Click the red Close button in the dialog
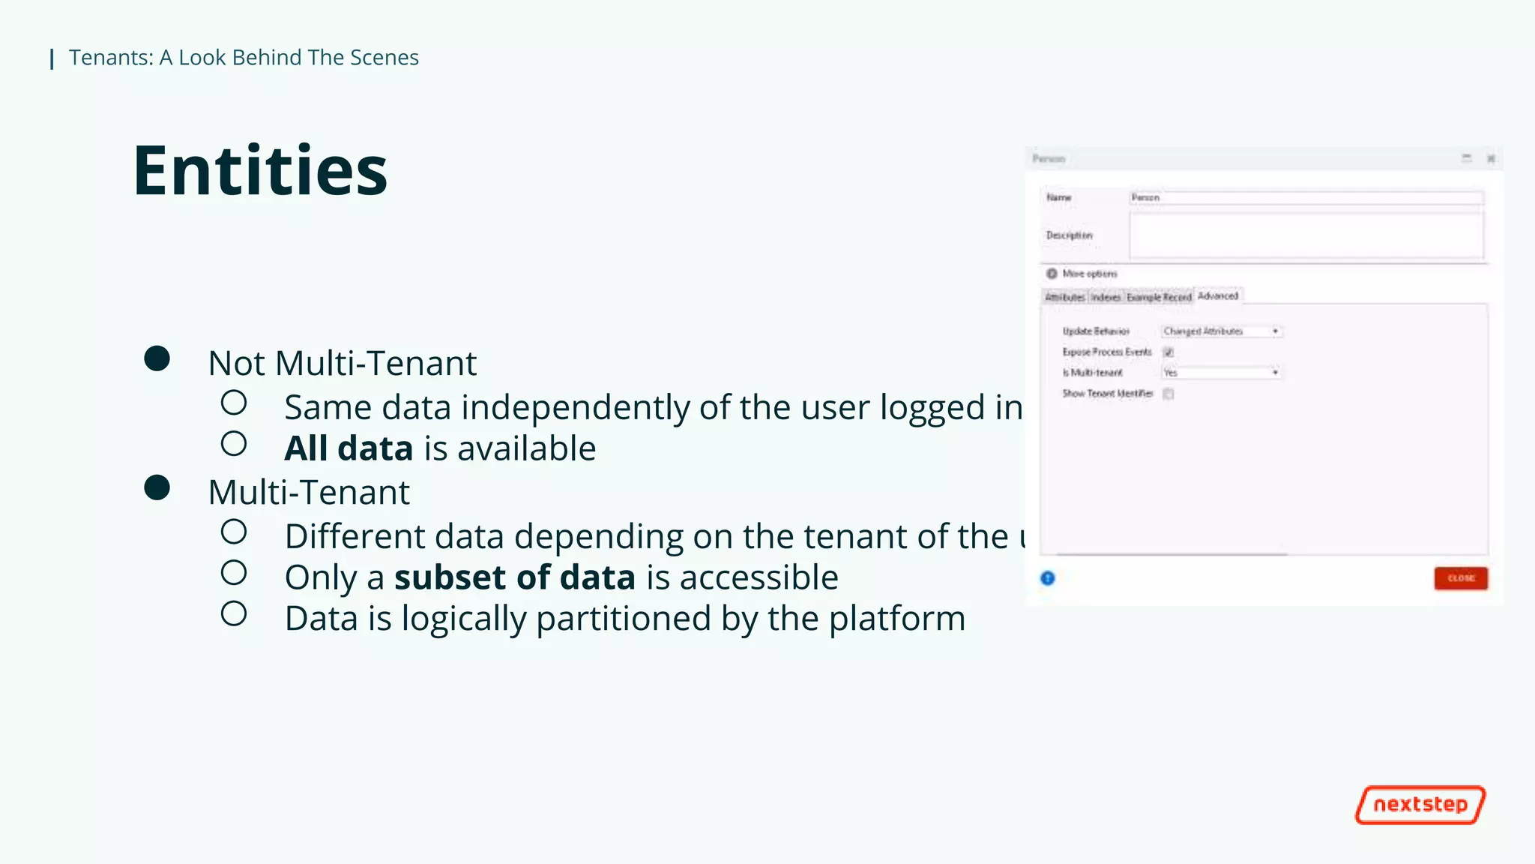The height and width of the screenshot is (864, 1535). point(1460,578)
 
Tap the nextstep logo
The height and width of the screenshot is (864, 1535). point(1420,805)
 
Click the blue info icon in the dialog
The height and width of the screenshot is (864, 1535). point(1048,578)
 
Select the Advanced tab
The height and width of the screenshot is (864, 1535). point(1218,296)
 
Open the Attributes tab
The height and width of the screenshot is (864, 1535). point(1065,298)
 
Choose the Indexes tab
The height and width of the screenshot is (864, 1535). point(1106,298)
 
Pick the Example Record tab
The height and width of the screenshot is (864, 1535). point(1159,298)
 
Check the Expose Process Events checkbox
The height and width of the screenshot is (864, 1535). point(1168,352)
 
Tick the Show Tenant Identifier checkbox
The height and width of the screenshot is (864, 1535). point(1168,394)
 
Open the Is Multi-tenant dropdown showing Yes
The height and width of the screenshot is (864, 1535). point(1222,373)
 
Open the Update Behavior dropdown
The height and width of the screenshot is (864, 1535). point(1222,331)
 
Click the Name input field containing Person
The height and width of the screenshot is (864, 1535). point(1306,198)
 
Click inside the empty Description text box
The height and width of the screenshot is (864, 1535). point(1306,235)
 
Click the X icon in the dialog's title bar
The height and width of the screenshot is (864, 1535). point(1491,159)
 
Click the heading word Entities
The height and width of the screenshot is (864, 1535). point(260,171)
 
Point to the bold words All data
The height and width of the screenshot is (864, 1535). point(349,448)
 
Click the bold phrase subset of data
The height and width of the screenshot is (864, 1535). point(515,577)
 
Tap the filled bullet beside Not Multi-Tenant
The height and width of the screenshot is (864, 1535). point(157,358)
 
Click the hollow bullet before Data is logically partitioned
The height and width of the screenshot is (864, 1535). point(234,614)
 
